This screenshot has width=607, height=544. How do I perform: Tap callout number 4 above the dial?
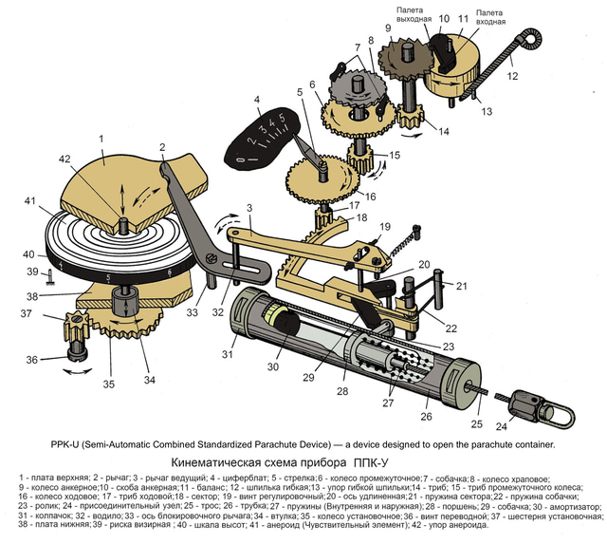[x=256, y=100]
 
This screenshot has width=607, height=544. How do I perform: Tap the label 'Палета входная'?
[x=490, y=14]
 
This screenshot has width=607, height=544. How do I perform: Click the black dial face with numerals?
[x=262, y=140]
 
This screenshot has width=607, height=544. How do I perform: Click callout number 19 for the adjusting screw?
[x=385, y=226]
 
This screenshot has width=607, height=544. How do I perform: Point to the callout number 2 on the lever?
[x=163, y=147]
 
